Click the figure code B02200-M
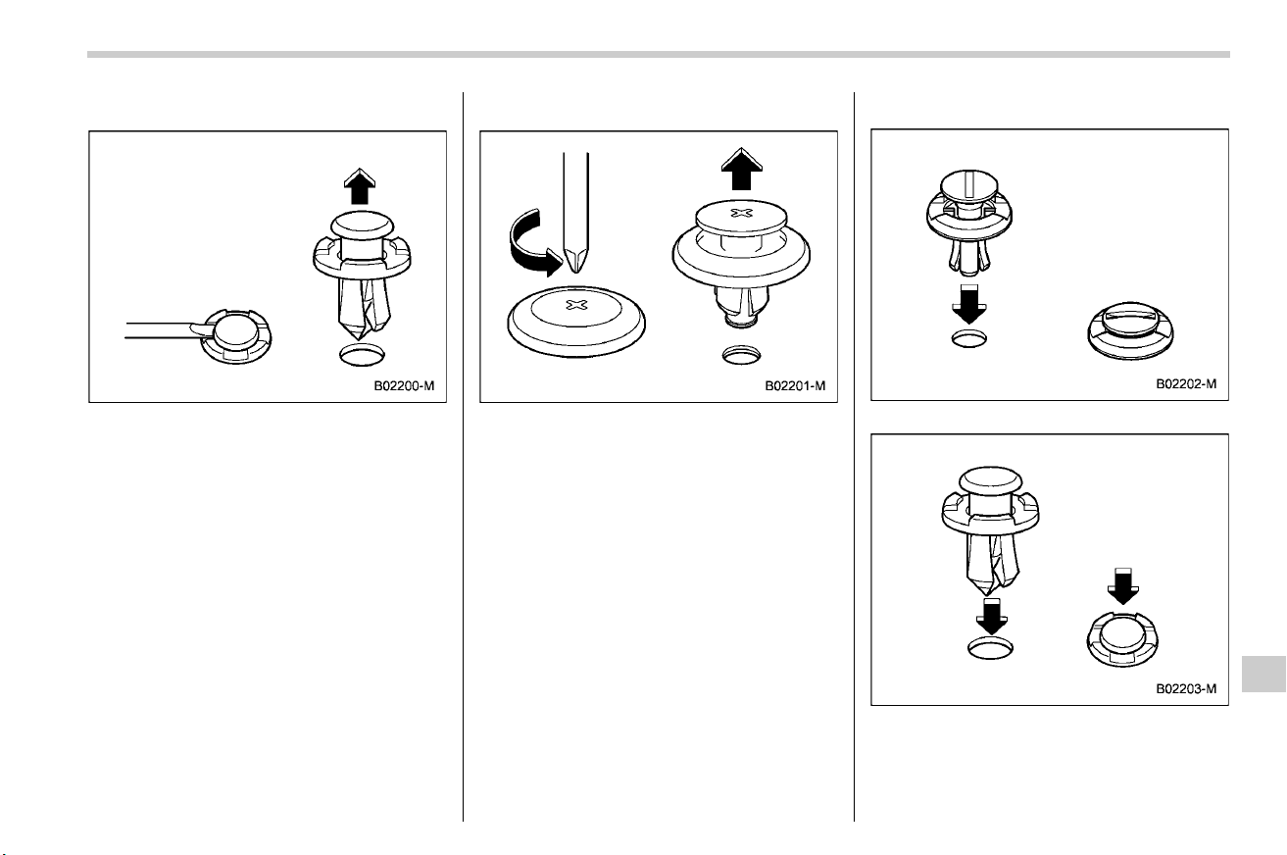click(x=404, y=386)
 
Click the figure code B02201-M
click(x=795, y=386)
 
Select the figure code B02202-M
click(x=1186, y=383)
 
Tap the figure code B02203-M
click(x=1186, y=688)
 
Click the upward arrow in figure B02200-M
click(x=360, y=186)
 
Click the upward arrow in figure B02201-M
click(x=742, y=169)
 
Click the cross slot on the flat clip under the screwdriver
click(x=577, y=305)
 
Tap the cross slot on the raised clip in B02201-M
click(x=741, y=213)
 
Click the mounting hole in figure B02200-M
click(x=362, y=355)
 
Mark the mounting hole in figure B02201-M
click(x=741, y=355)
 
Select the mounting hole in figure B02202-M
click(x=969, y=338)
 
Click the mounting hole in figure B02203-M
click(x=991, y=648)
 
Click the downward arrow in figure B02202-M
click(x=969, y=305)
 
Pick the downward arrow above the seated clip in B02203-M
click(x=1122, y=586)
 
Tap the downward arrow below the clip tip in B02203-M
click(x=992, y=617)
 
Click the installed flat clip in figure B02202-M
click(x=1130, y=331)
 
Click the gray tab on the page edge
click(x=1263, y=674)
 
